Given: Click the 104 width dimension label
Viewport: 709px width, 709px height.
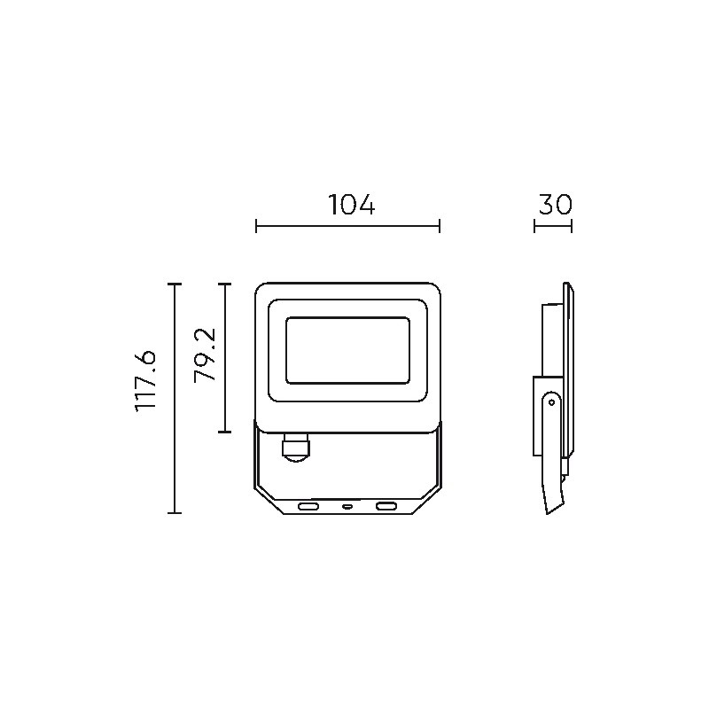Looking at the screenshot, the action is [351, 205].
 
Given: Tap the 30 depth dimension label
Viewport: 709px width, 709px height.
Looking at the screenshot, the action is [556, 205].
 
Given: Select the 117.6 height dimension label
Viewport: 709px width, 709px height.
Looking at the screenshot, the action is [145, 381].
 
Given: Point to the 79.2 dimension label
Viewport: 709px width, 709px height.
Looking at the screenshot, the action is [205, 355].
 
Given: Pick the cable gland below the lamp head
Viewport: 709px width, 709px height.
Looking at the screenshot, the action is [296, 447].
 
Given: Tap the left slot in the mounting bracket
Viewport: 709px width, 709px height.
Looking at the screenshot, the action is [308, 506].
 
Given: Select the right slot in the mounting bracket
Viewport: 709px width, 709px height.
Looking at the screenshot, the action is [387, 506].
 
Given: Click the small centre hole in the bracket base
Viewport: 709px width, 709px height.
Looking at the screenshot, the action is [347, 506].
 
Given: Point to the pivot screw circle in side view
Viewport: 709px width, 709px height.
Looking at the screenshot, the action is [551, 401].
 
